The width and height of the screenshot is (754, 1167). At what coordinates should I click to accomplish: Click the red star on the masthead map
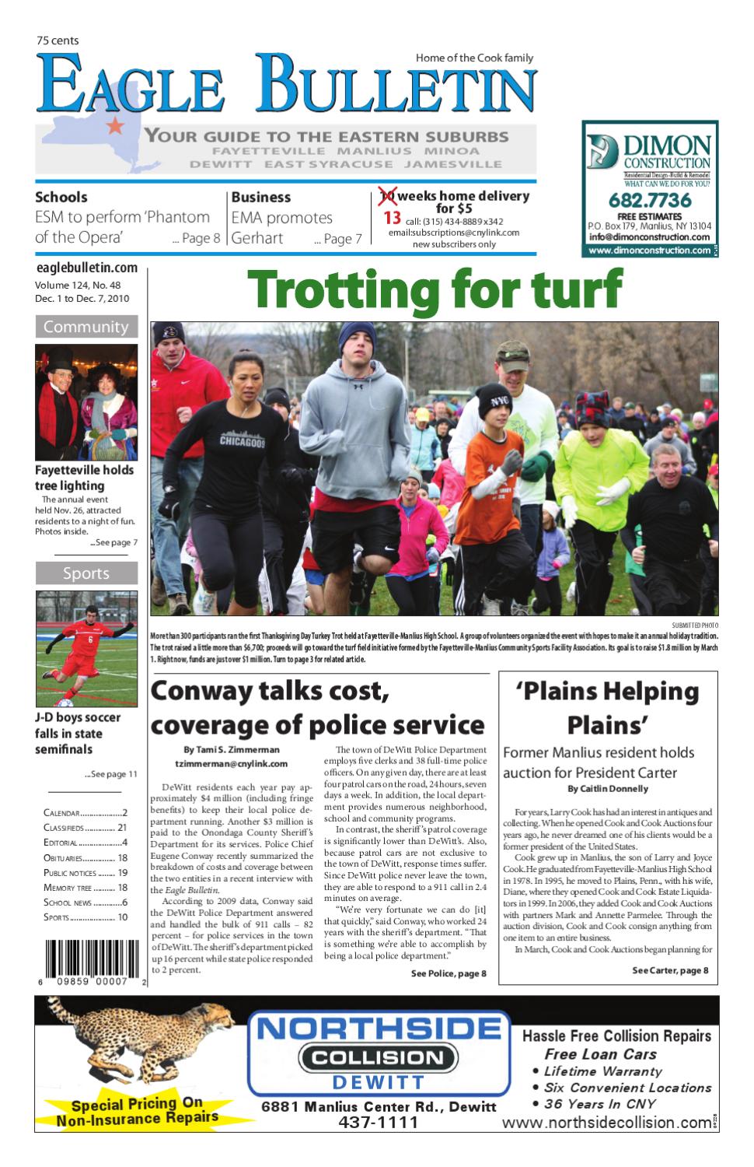[114, 124]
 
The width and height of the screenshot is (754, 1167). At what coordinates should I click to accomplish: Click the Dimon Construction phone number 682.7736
[649, 201]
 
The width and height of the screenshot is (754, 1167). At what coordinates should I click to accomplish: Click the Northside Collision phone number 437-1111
[378, 1123]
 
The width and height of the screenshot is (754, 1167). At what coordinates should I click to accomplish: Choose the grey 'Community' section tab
[86, 327]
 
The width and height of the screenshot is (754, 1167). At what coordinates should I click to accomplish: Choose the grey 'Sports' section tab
[86, 573]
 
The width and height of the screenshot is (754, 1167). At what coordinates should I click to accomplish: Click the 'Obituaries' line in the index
[86, 858]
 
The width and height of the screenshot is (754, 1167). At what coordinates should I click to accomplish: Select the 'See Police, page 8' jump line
[449, 974]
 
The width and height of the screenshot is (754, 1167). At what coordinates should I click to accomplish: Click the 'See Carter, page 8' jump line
[670, 970]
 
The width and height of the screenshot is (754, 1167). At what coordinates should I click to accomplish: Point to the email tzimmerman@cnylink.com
[232, 764]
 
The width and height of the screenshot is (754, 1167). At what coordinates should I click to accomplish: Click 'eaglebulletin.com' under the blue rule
[86, 268]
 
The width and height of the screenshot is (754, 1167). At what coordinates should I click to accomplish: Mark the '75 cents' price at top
[58, 40]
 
